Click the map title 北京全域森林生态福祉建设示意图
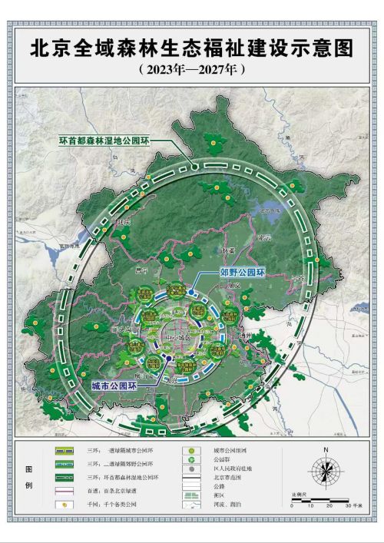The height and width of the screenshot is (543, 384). coord(192,49)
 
